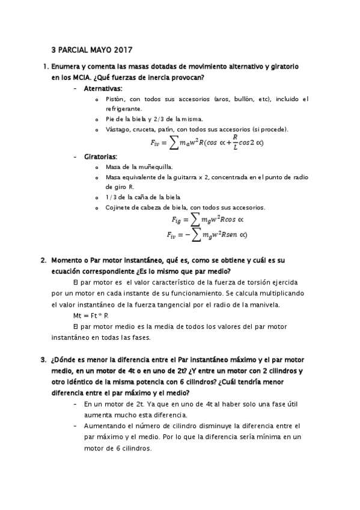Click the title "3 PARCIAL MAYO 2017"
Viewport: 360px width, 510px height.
coord(91,50)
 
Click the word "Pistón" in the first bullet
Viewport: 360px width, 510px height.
coord(114,99)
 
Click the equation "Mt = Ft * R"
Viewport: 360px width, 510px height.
coord(91,315)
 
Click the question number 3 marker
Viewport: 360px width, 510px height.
coord(43,360)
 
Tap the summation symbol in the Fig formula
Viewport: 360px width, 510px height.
coord(197,220)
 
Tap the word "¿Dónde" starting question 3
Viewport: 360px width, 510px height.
coord(66,360)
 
